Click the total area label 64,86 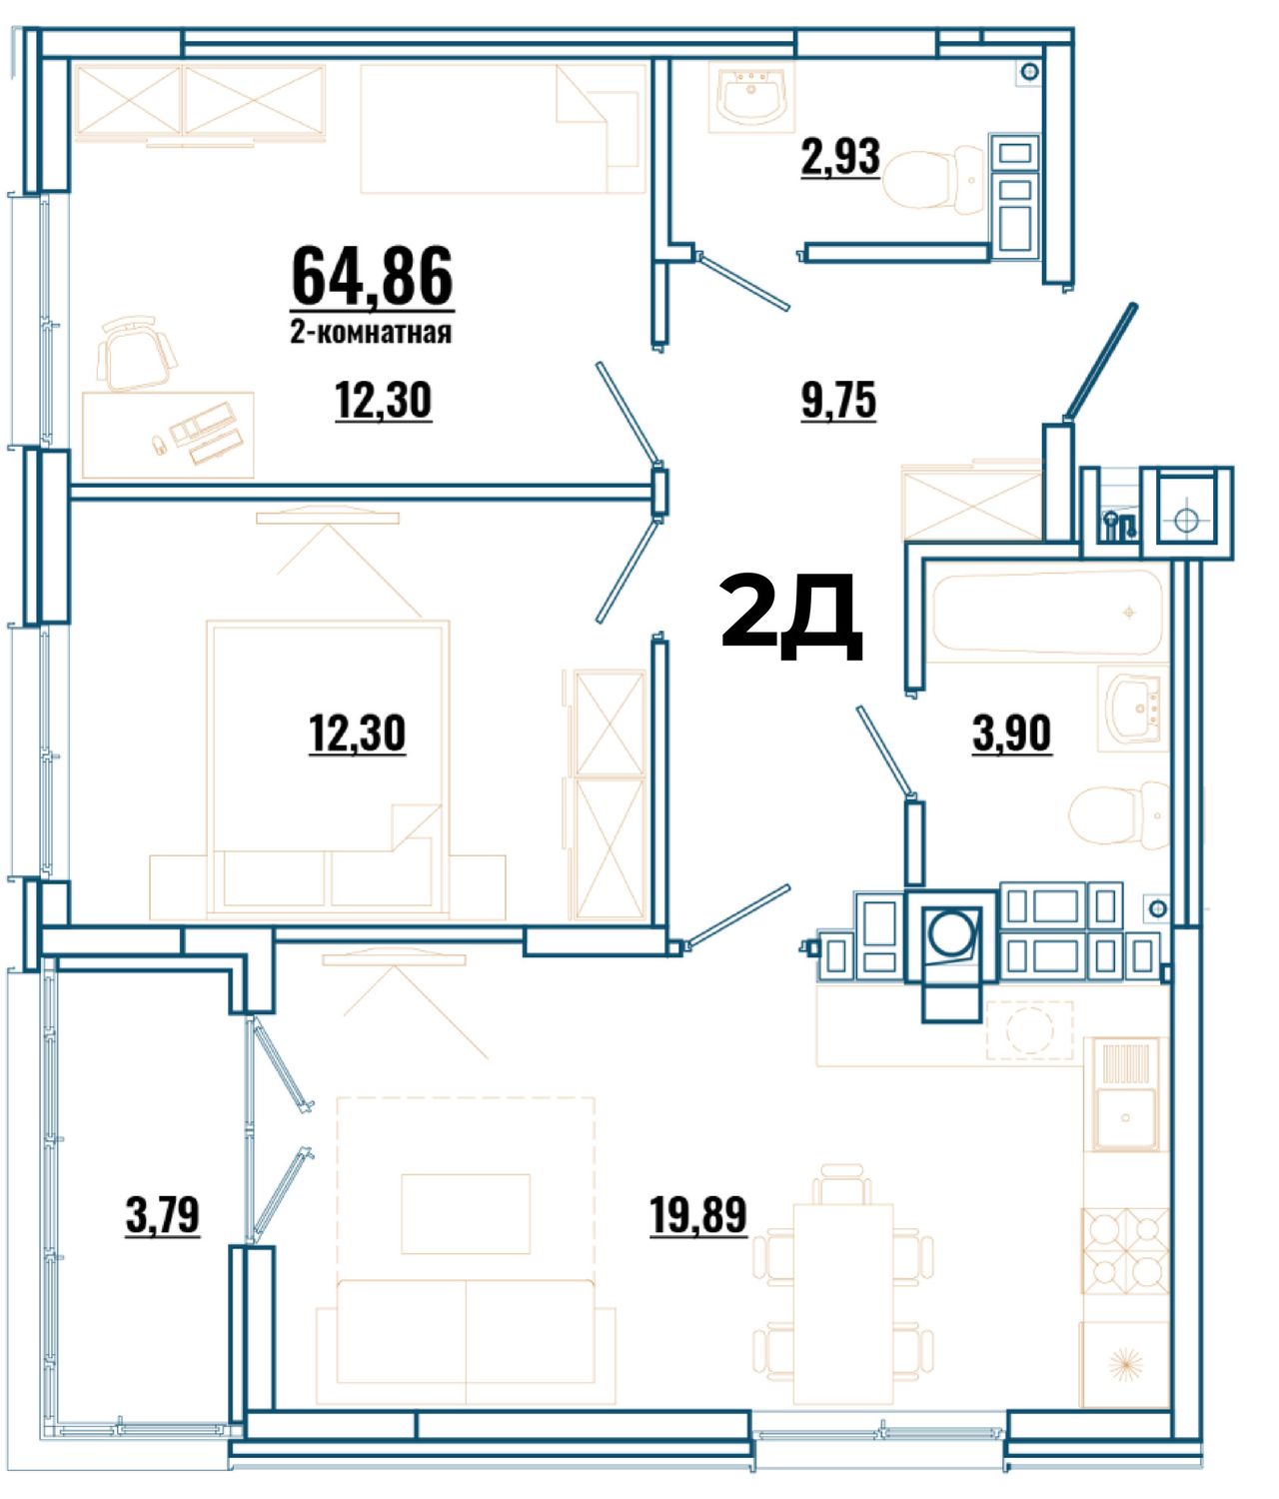point(372,275)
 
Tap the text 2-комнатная point(372,333)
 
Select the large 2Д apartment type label point(792,616)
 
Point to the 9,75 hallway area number point(839,400)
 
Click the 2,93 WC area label point(840,157)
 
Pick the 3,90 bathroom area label point(1011,734)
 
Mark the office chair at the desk point(137,353)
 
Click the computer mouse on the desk point(159,443)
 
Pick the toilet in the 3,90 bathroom point(1119,815)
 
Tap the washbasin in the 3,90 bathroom point(1132,709)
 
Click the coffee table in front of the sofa point(466,1213)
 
